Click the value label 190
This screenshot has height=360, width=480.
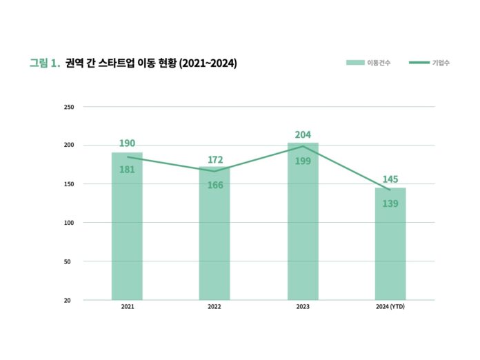[x=127, y=143]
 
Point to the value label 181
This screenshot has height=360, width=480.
[x=127, y=169]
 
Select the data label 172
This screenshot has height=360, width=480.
[x=214, y=160]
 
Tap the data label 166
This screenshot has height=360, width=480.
[x=214, y=185]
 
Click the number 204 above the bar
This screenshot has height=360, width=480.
[x=303, y=135]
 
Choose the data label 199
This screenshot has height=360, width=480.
[x=303, y=161]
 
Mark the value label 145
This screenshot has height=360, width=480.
[x=390, y=179]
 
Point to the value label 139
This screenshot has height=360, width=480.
[x=390, y=203]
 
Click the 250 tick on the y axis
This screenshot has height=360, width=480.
[x=68, y=107]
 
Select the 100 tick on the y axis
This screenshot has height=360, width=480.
[x=68, y=223]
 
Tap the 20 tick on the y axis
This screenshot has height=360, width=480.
[x=70, y=300]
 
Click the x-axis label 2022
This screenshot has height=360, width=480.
[x=214, y=306]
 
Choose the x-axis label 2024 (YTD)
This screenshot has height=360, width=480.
[x=390, y=306]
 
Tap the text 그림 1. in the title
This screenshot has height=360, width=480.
[x=44, y=63]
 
